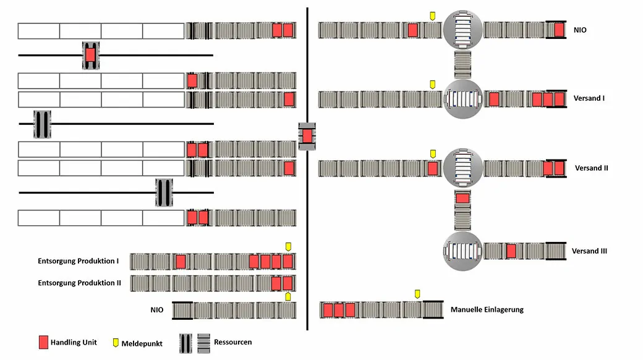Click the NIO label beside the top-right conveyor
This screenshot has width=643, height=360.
coord(581,30)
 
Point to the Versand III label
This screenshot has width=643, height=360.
coord(589,251)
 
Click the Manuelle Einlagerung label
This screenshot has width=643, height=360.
coord(487,309)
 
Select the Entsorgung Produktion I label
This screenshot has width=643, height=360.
coord(78,261)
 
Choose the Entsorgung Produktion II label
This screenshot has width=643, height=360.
coord(79,283)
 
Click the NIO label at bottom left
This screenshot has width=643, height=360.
coord(157,309)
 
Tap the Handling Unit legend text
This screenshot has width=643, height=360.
coord(74,343)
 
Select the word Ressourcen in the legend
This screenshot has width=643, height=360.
coord(232,342)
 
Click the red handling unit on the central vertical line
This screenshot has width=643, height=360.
coord(307,136)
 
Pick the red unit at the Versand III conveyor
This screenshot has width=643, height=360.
coord(511,251)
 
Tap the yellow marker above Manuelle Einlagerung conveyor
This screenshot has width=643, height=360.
coord(417,293)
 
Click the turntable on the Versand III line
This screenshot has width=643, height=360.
coord(462,251)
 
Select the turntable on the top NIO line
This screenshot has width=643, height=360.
coord(462,30)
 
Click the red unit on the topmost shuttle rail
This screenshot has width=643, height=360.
coord(90,55)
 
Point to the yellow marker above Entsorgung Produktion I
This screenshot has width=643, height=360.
coord(287,247)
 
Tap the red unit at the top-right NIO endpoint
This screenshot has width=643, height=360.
coord(559,30)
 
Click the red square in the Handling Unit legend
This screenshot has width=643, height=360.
coord(43,342)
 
